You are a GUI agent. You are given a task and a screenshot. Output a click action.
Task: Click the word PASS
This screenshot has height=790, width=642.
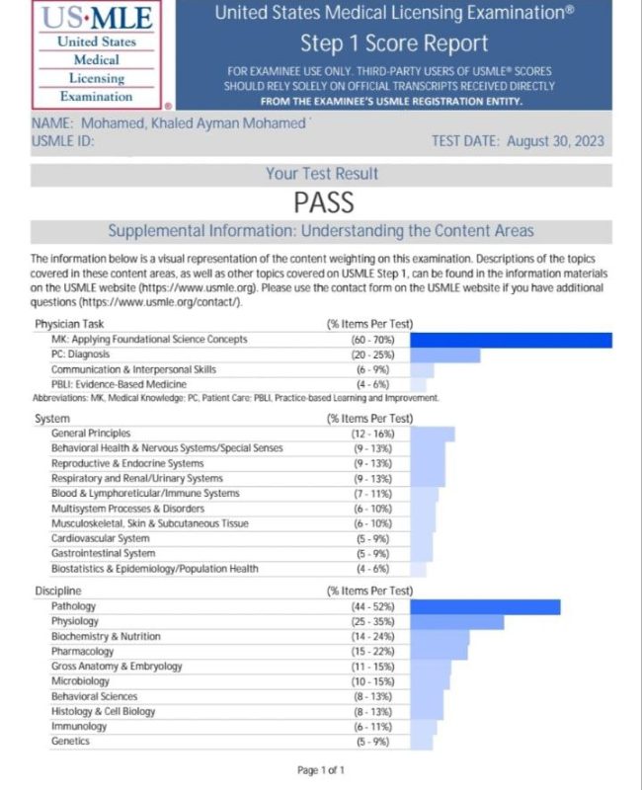pyautogui.click(x=323, y=202)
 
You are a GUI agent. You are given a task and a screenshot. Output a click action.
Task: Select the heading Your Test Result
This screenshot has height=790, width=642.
pyautogui.click(x=322, y=174)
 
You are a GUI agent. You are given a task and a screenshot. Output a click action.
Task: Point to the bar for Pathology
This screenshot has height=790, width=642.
pyautogui.click(x=485, y=607)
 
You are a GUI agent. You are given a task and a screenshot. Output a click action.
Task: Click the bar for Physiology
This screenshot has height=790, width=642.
pyautogui.click(x=456, y=622)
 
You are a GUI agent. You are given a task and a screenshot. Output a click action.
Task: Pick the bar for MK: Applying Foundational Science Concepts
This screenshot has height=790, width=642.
pyautogui.click(x=511, y=340)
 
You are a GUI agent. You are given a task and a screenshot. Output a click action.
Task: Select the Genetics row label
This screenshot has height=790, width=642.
pyautogui.click(x=70, y=741)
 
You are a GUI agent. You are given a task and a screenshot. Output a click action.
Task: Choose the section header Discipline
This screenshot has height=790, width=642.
pyautogui.click(x=60, y=591)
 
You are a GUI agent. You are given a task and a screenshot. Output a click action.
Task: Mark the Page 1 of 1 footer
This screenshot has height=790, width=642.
pyautogui.click(x=321, y=770)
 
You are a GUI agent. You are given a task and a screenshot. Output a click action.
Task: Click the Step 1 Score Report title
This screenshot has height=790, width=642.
pyautogui.click(x=394, y=44)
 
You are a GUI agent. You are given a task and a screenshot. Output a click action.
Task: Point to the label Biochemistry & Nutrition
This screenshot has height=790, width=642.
pyautogui.click(x=106, y=637)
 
